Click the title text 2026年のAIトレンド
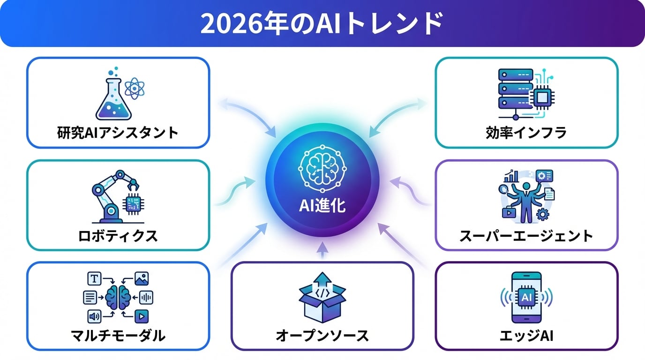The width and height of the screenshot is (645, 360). pyautogui.click(x=322, y=23)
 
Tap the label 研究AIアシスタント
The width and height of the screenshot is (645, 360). pyautogui.click(x=118, y=133)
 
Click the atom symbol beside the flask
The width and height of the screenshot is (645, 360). pyautogui.click(x=135, y=89)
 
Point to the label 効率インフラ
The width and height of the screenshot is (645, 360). pyautogui.click(x=526, y=133)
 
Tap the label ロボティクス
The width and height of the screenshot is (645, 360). pyautogui.click(x=118, y=236)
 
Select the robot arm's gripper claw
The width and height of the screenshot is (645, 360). pyautogui.click(x=134, y=185)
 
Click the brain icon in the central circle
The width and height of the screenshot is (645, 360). pyautogui.click(x=322, y=168)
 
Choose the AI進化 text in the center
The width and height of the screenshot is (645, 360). pyautogui.click(x=322, y=206)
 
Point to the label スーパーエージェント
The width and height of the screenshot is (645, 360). pyautogui.click(x=526, y=236)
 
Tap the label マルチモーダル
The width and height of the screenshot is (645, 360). pyautogui.click(x=118, y=336)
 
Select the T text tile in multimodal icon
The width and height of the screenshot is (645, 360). pyautogui.click(x=94, y=278)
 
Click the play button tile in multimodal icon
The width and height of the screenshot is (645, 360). pyautogui.click(x=142, y=316)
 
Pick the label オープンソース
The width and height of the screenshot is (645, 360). pyautogui.click(x=322, y=336)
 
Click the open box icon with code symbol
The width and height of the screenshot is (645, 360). pyautogui.click(x=322, y=298)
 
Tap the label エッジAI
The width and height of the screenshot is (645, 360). pyautogui.click(x=526, y=336)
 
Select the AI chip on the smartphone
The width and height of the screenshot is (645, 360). pyautogui.click(x=526, y=297)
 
